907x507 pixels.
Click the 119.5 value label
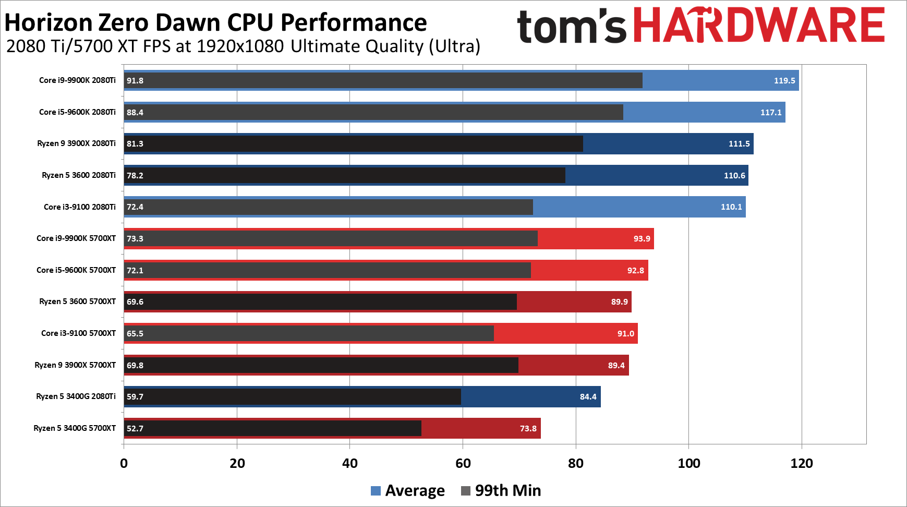coord(784,80)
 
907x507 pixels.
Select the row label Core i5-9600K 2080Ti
coord(77,112)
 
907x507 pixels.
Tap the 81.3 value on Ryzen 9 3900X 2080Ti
coord(135,143)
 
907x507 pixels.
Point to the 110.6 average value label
coord(734,175)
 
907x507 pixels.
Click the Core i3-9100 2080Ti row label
coord(79,207)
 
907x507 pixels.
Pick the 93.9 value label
coord(642,238)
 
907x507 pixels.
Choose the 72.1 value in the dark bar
coord(135,270)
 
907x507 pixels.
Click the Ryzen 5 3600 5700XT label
coord(77,301)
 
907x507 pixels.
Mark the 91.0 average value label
coord(625,333)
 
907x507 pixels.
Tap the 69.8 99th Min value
coord(135,365)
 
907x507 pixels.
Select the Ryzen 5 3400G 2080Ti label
coord(76,396)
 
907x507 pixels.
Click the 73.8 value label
coord(528,428)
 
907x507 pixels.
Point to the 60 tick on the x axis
coord(463,463)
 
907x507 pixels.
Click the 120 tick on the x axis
coord(801,463)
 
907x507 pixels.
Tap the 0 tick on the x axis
coord(124,463)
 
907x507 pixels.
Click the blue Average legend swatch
coord(376,491)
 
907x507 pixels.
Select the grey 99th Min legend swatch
coord(466,491)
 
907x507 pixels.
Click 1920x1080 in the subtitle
coord(240,46)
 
